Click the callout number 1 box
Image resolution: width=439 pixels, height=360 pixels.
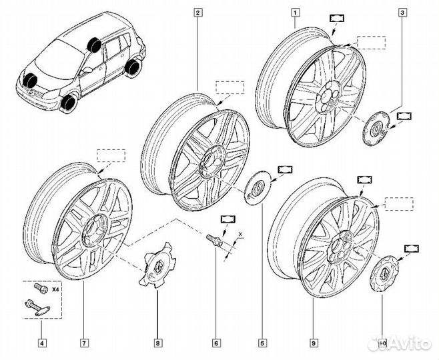click(295, 11)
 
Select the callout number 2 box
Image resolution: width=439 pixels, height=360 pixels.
click(197, 11)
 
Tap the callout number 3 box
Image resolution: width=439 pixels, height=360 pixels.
click(402, 11)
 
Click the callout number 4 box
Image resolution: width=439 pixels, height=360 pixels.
click(43, 343)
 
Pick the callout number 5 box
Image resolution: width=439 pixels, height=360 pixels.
click(262, 343)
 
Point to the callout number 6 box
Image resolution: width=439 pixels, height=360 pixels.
click(215, 343)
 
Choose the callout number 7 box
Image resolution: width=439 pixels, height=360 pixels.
click(85, 343)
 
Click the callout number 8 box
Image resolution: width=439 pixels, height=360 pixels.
click(157, 343)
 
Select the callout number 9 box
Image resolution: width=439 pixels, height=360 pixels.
click(313, 343)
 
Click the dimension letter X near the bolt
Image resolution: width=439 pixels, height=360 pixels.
click(242, 235)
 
